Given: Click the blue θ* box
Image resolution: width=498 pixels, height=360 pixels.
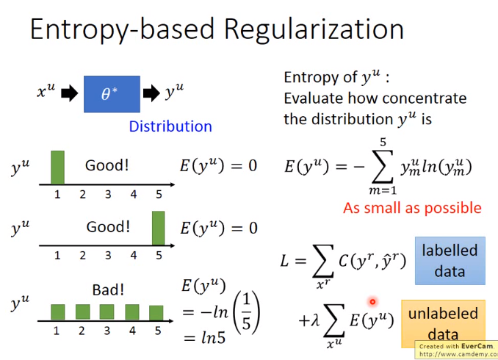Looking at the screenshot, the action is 112,94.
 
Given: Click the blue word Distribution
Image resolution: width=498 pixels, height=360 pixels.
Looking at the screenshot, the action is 170,126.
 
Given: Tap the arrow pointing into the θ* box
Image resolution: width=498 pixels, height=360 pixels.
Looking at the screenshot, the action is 70,93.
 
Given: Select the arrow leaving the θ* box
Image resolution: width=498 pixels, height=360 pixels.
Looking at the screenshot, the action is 151,93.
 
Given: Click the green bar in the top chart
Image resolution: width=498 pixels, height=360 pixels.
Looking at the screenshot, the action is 57,168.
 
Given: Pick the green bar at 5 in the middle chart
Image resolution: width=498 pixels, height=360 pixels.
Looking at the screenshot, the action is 159,228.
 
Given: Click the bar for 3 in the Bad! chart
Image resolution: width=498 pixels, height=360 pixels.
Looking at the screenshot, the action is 107,312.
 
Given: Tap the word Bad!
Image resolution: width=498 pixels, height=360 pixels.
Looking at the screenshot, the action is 108,289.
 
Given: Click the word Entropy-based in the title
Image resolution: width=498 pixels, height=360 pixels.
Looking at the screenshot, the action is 122,29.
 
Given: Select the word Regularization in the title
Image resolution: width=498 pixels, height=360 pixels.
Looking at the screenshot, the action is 314,29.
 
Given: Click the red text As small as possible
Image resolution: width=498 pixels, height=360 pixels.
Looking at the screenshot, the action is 412,208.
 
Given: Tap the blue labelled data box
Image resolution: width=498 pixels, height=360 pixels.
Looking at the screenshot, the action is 450,261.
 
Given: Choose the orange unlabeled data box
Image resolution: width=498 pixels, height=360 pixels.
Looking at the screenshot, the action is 444,323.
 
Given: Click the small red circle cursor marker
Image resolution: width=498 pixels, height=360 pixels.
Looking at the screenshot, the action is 372,301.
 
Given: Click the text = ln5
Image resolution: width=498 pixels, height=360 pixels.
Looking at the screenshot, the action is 204,338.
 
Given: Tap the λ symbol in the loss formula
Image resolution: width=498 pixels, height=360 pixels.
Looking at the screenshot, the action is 315,320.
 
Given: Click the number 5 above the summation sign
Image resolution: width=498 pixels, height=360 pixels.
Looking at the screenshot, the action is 383,142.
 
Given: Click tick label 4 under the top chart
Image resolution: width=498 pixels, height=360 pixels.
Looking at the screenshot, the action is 134,195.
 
